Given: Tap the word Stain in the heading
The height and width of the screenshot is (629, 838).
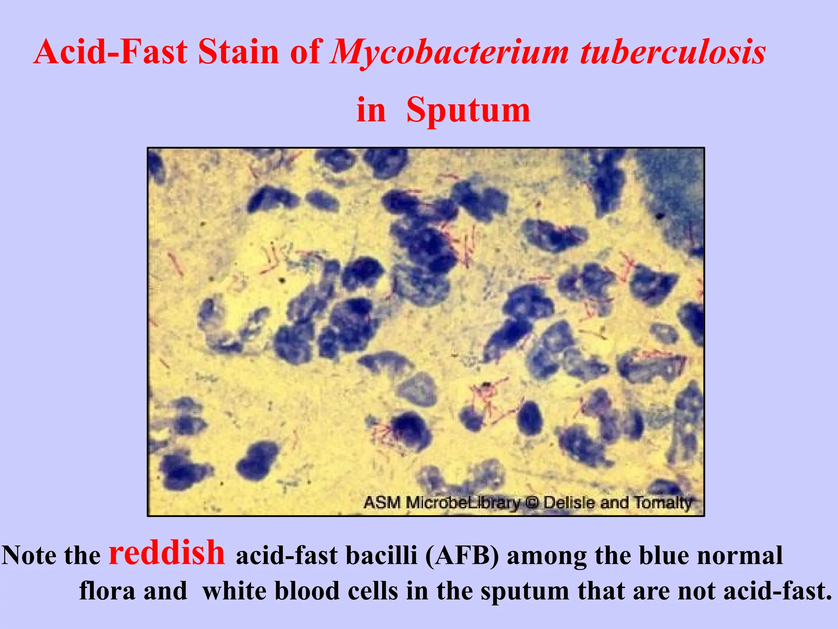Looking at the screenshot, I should coord(238,52).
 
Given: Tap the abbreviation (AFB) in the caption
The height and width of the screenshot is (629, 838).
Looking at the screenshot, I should coord(462,556).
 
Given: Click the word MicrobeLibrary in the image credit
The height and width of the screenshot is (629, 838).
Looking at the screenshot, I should coord(463,502).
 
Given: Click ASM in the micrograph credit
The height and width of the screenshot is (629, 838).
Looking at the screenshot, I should coord(382,502).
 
